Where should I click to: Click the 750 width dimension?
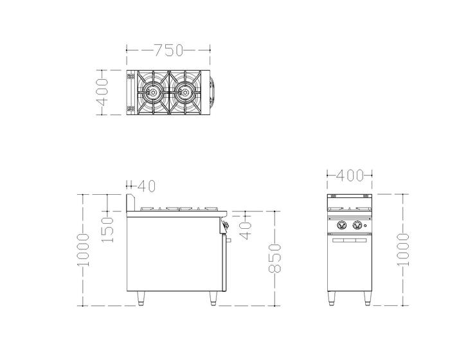point(168,50)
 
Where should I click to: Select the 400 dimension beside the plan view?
point(102,92)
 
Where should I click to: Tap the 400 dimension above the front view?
point(350,175)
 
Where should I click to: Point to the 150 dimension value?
point(107,230)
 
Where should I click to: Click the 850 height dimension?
point(274,258)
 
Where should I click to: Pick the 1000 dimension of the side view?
point(83,250)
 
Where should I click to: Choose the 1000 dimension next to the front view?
point(402,250)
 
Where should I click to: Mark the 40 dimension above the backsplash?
point(147,186)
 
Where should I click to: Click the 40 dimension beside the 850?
point(246,230)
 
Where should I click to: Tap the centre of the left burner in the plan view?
point(152,92)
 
